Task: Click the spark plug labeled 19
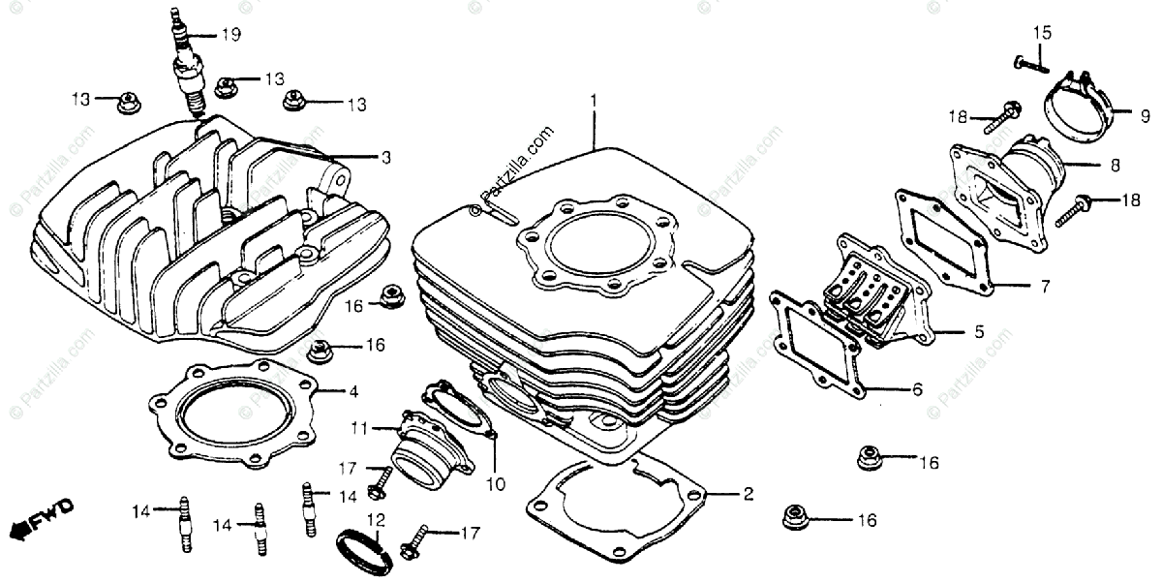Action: click(x=187, y=68)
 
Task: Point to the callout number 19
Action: click(x=229, y=36)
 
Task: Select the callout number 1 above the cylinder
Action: click(x=595, y=100)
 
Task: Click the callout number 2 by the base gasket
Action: click(x=748, y=495)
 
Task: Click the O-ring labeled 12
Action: click(x=365, y=549)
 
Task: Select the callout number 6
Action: click(x=916, y=389)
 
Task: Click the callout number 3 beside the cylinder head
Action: click(x=384, y=157)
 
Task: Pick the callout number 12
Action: click(x=376, y=518)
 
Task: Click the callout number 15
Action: click(x=1041, y=34)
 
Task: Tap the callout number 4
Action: click(x=353, y=392)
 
